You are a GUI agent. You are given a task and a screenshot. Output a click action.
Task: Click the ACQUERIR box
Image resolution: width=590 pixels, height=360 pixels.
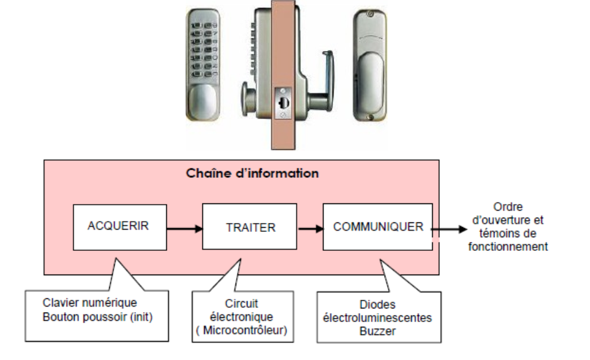[x=118, y=226]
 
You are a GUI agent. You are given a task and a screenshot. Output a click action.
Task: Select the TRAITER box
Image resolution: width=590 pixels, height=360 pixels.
[x=250, y=227]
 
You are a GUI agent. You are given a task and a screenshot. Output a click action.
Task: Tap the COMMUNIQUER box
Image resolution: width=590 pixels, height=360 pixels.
[x=378, y=227]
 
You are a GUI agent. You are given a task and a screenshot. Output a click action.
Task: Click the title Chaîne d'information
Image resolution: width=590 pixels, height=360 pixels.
[x=252, y=174]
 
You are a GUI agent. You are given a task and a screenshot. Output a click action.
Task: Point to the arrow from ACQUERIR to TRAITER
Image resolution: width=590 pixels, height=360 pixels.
[x=183, y=227]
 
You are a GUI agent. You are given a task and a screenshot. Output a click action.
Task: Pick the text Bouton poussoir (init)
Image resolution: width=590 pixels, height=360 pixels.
[x=98, y=317]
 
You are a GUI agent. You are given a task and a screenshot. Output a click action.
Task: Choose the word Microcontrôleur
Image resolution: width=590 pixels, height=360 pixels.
[x=245, y=330]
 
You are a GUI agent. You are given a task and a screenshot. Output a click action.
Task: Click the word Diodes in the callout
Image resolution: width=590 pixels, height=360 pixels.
[x=378, y=305]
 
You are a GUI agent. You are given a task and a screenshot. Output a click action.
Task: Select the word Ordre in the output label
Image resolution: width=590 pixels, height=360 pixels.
[x=507, y=208]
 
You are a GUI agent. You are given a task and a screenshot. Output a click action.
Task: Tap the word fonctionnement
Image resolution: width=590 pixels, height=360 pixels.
[x=508, y=247]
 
